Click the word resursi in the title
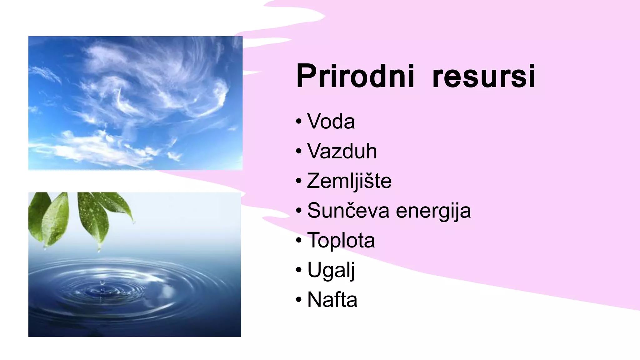pos(484,76)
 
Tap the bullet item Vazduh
pos(342,151)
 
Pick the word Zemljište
pos(349,181)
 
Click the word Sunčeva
pos(348,210)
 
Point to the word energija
pos(433,211)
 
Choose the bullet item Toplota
pos(341,240)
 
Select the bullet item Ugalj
pos(331,270)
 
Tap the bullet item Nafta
pos(332,299)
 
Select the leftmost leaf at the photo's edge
pos(34,212)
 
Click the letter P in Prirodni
pos(306,76)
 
